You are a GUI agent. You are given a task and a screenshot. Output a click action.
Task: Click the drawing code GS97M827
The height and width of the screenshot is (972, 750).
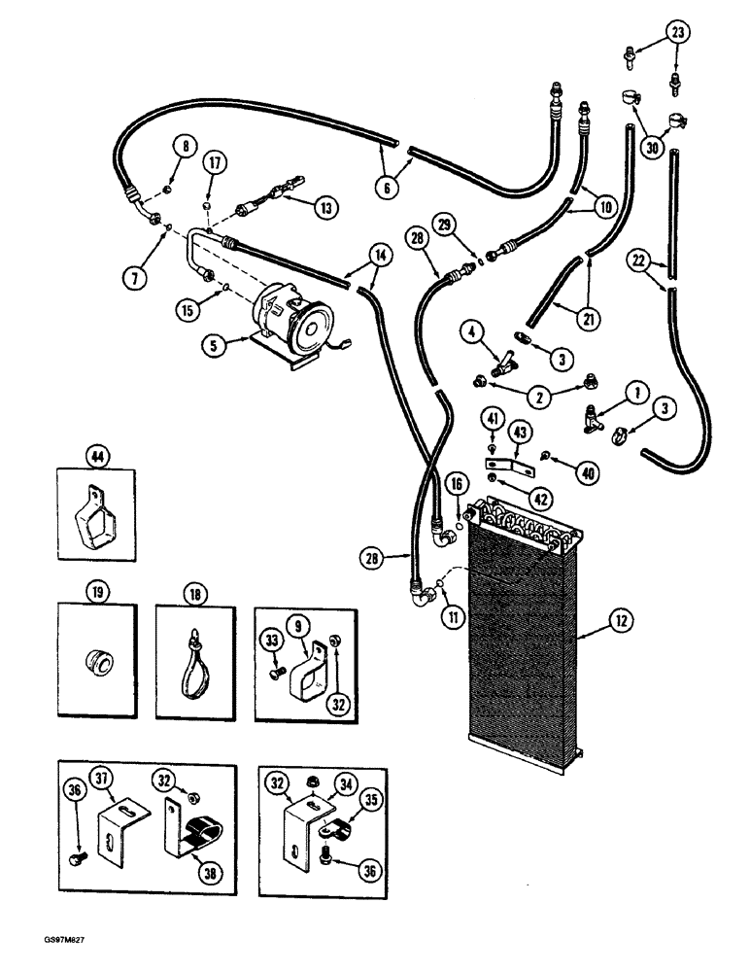41,945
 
